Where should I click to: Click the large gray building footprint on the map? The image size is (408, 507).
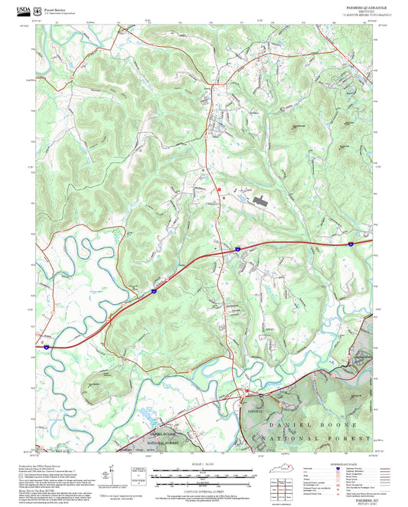point(258,201)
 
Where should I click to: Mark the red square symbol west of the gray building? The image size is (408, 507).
point(218,188)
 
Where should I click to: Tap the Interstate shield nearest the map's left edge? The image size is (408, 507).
point(46,347)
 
